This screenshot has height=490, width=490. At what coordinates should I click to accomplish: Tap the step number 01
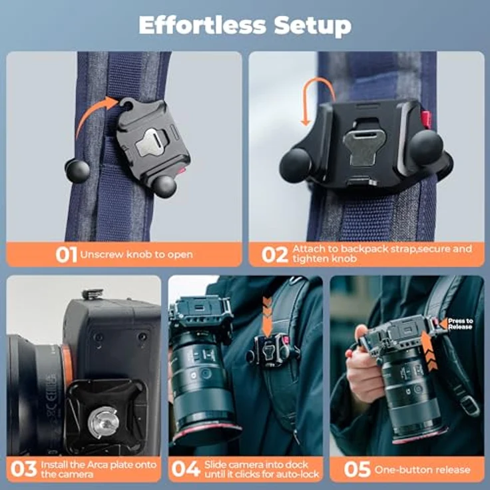[67, 254]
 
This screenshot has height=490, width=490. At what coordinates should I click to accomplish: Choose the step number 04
[186, 469]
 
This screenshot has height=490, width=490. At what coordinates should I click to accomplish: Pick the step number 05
[357, 469]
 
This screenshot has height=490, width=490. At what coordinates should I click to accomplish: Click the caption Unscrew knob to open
[136, 254]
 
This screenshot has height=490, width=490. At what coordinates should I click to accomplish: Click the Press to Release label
[460, 324]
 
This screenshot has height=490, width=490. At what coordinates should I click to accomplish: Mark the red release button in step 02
[425, 119]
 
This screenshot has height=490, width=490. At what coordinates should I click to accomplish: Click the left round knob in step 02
[295, 164]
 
